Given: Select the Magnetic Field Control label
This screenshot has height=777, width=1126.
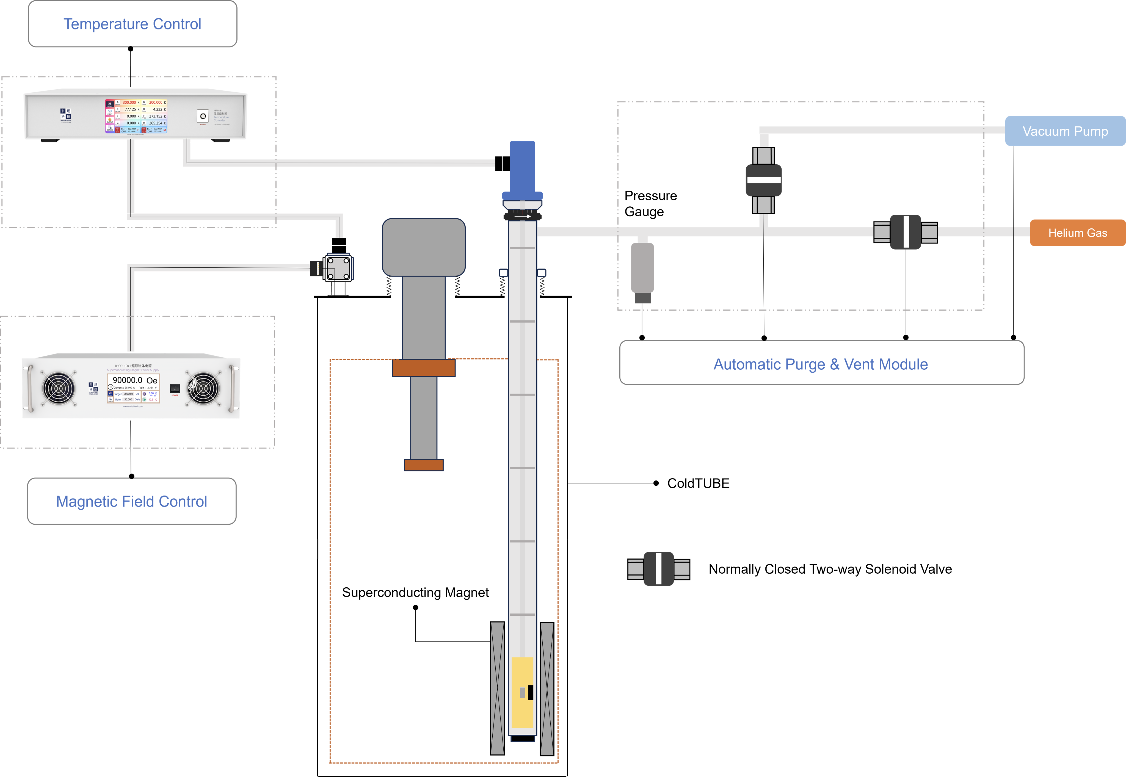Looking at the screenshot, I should pyautogui.click(x=131, y=501).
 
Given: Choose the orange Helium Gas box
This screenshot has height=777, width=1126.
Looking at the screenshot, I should pyautogui.click(x=1077, y=233).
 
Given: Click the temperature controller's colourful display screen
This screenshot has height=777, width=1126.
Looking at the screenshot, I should pyautogui.click(x=136, y=116).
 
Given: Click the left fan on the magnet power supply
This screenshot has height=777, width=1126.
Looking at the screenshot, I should pyautogui.click(x=59, y=388).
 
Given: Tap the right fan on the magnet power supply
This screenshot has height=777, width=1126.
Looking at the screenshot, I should pyautogui.click(x=203, y=388).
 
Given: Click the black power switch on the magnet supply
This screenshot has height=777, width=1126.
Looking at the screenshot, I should pyautogui.click(x=175, y=388).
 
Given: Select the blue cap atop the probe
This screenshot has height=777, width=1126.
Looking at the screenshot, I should pyautogui.click(x=522, y=168).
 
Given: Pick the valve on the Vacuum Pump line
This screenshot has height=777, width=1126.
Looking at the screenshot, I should pyautogui.click(x=763, y=180).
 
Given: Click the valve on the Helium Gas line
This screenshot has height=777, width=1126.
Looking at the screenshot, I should pyautogui.click(x=906, y=232).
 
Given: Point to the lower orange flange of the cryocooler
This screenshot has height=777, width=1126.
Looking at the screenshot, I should pyautogui.click(x=424, y=465).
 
